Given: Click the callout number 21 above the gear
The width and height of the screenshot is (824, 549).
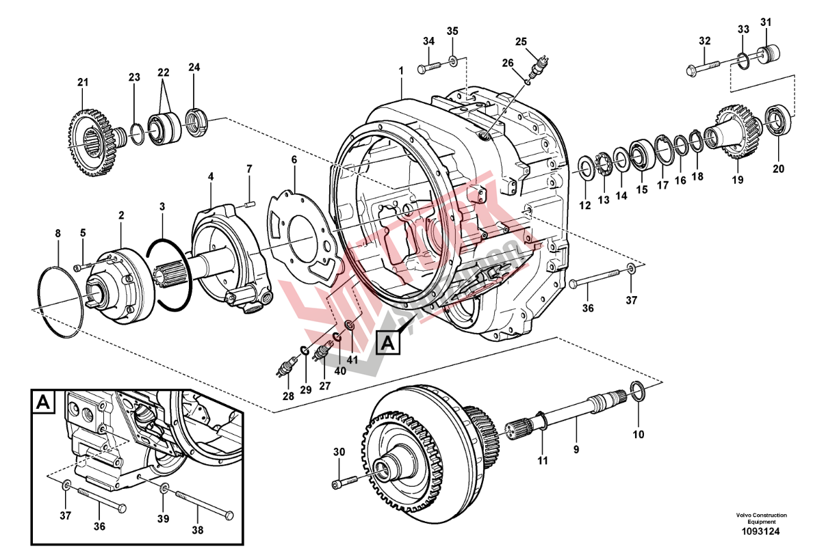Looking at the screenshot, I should pos(83,83).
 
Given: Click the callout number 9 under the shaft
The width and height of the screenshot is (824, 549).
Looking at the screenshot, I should pos(576,449).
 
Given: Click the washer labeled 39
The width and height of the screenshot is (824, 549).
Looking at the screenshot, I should pos(164,490).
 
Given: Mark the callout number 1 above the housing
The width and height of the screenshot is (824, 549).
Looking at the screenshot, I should pos(401,70).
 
